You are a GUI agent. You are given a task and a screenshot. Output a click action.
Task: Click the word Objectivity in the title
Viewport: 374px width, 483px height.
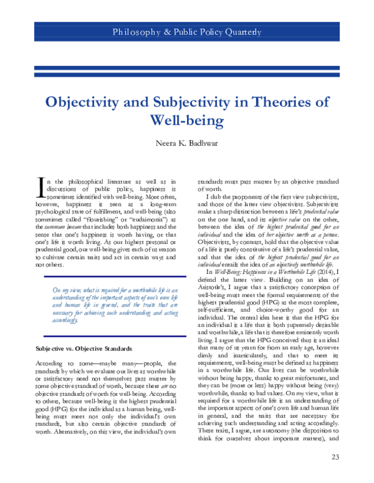coord(89,103)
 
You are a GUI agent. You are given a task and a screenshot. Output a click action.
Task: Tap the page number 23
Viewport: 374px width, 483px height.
coord(336,458)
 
